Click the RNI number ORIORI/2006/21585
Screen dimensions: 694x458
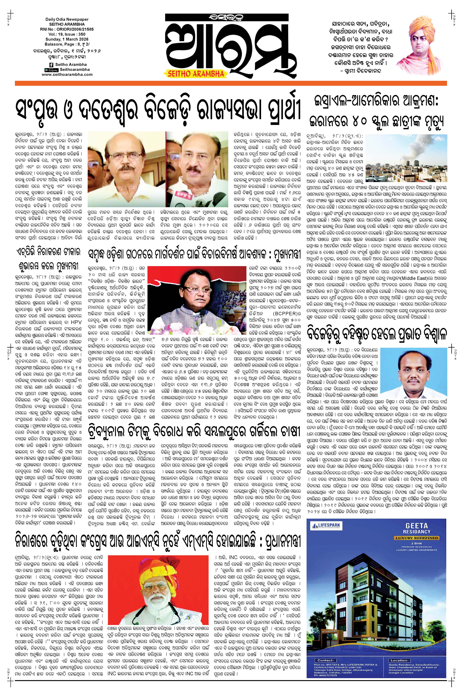click(67, 29)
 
